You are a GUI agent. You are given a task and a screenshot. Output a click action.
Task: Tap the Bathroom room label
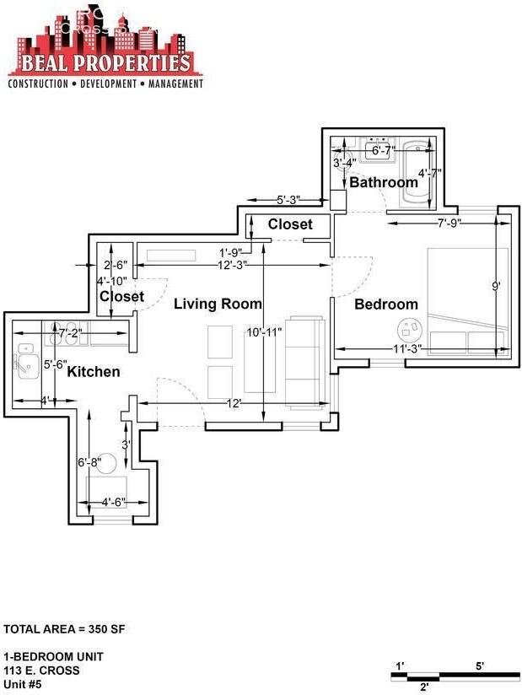point(384,182)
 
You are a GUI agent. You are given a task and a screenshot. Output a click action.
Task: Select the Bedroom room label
point(385,304)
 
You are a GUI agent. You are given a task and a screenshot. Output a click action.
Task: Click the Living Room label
point(218,304)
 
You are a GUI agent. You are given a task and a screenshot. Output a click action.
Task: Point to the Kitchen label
point(94,372)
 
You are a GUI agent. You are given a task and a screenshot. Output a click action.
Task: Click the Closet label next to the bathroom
point(290,224)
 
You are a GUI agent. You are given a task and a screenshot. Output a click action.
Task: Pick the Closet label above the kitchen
point(121,297)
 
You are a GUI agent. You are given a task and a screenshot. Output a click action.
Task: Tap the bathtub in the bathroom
point(417,175)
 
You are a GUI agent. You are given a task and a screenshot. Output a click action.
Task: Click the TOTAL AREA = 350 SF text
point(65,629)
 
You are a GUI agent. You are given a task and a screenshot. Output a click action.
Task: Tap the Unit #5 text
point(23,685)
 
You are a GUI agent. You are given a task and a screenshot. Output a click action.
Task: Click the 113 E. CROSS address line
point(42,671)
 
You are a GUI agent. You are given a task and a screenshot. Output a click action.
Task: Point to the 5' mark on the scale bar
point(479,666)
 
